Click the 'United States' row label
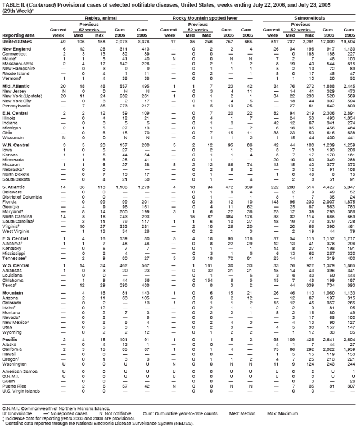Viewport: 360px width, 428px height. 17,42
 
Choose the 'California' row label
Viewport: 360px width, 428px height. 14,349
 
